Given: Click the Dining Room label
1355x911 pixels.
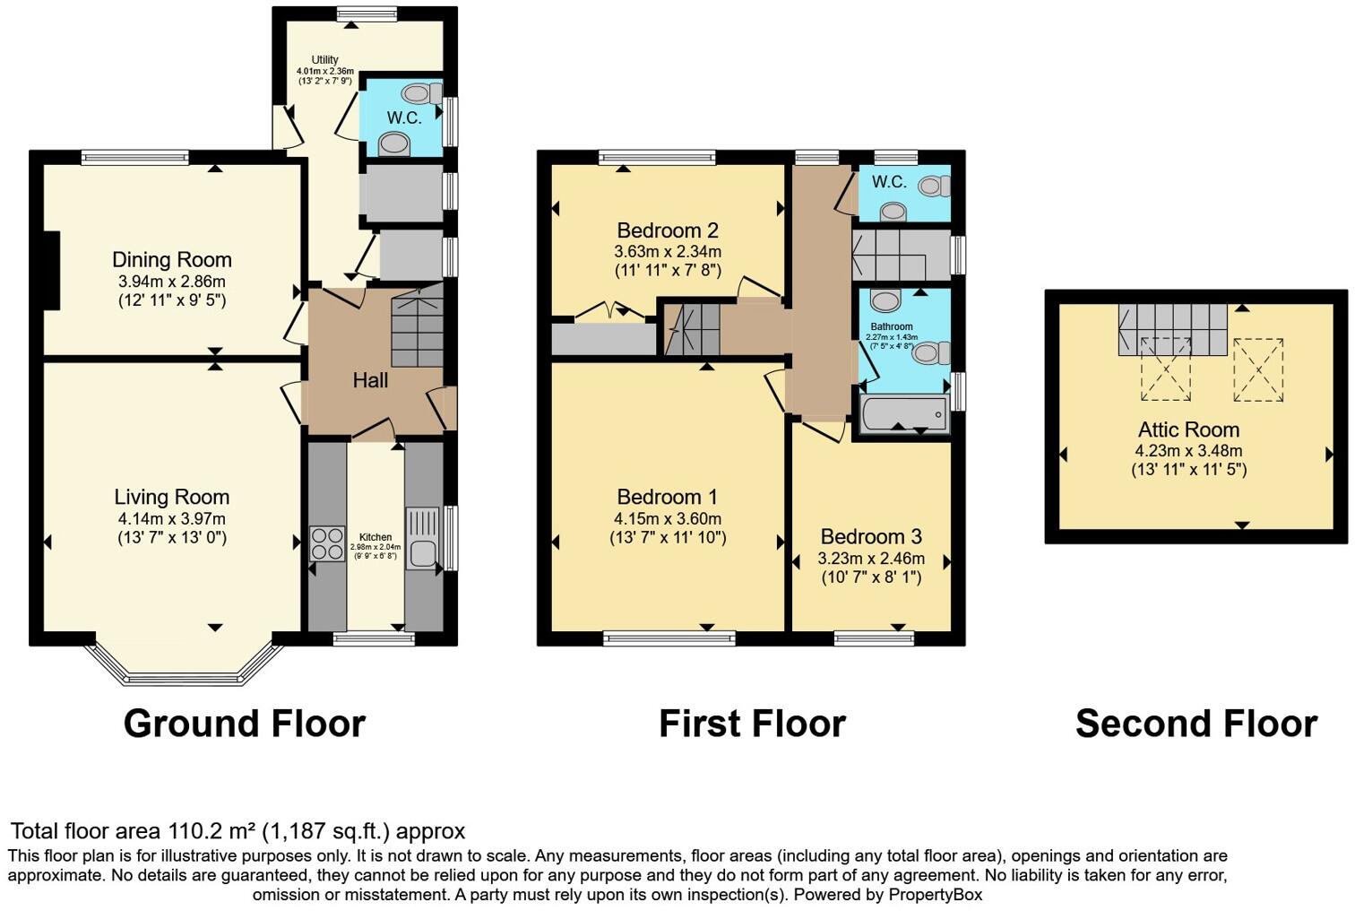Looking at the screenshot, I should (172, 260).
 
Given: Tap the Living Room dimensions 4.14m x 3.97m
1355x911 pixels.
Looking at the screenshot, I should (172, 518).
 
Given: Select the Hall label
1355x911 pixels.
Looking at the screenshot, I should (370, 380).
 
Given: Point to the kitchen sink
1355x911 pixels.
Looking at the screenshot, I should (422, 537).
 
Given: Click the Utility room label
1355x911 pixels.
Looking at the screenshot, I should (324, 60).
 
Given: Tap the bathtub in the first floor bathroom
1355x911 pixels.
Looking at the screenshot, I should (903, 415).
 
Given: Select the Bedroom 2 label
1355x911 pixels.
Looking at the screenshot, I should (668, 230).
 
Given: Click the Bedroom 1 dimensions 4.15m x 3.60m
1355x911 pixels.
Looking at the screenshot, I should (668, 518).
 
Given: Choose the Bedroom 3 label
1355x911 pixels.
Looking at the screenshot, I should (871, 537).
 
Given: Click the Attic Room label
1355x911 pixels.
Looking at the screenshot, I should (1188, 429).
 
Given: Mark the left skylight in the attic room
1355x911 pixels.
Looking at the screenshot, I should (1165, 369).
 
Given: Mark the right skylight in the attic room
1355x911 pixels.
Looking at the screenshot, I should (1258, 369).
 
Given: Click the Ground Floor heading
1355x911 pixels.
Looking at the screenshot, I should (244, 724).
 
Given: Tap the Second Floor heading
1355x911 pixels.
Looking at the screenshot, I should (1195, 724).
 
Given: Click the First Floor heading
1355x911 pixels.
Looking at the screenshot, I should (752, 724).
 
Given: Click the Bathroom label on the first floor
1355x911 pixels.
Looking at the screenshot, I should (891, 327).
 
